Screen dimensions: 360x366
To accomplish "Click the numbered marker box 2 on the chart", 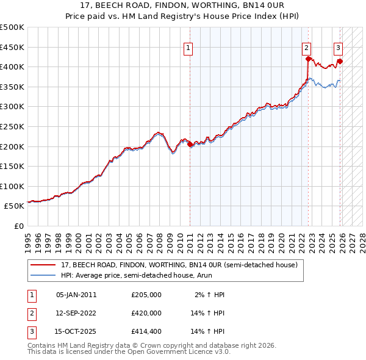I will (x=306, y=47).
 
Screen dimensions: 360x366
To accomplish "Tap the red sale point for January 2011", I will (x=190, y=145).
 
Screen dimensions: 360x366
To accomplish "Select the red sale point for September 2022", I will (x=308, y=59).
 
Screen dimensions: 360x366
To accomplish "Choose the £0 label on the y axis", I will (x=20, y=226).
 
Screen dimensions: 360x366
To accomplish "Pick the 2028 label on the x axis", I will (x=361, y=238).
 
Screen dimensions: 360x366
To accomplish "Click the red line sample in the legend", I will (x=43, y=265).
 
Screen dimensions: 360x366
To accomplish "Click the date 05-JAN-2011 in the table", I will (x=76, y=295).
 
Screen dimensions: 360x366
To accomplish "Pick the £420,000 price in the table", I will (x=146, y=313).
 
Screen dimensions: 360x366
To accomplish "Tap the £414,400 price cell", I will (x=146, y=331).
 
